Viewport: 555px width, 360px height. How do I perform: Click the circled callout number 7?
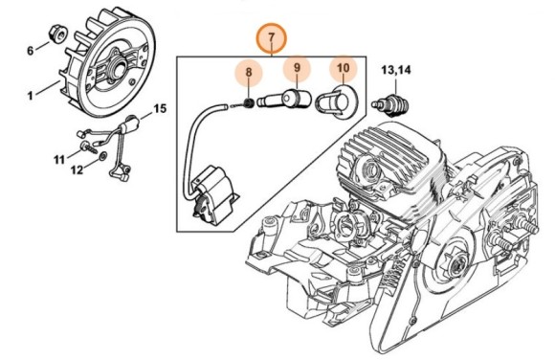coord(271,37)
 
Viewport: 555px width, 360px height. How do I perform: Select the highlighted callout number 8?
coord(248,72)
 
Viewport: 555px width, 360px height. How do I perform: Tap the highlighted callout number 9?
coord(297,68)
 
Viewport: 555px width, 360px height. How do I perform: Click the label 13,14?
coord(397,69)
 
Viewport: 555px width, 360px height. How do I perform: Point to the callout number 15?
coord(159,109)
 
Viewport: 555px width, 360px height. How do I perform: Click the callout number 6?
coord(30,50)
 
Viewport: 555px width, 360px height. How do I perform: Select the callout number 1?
coord(30,94)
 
